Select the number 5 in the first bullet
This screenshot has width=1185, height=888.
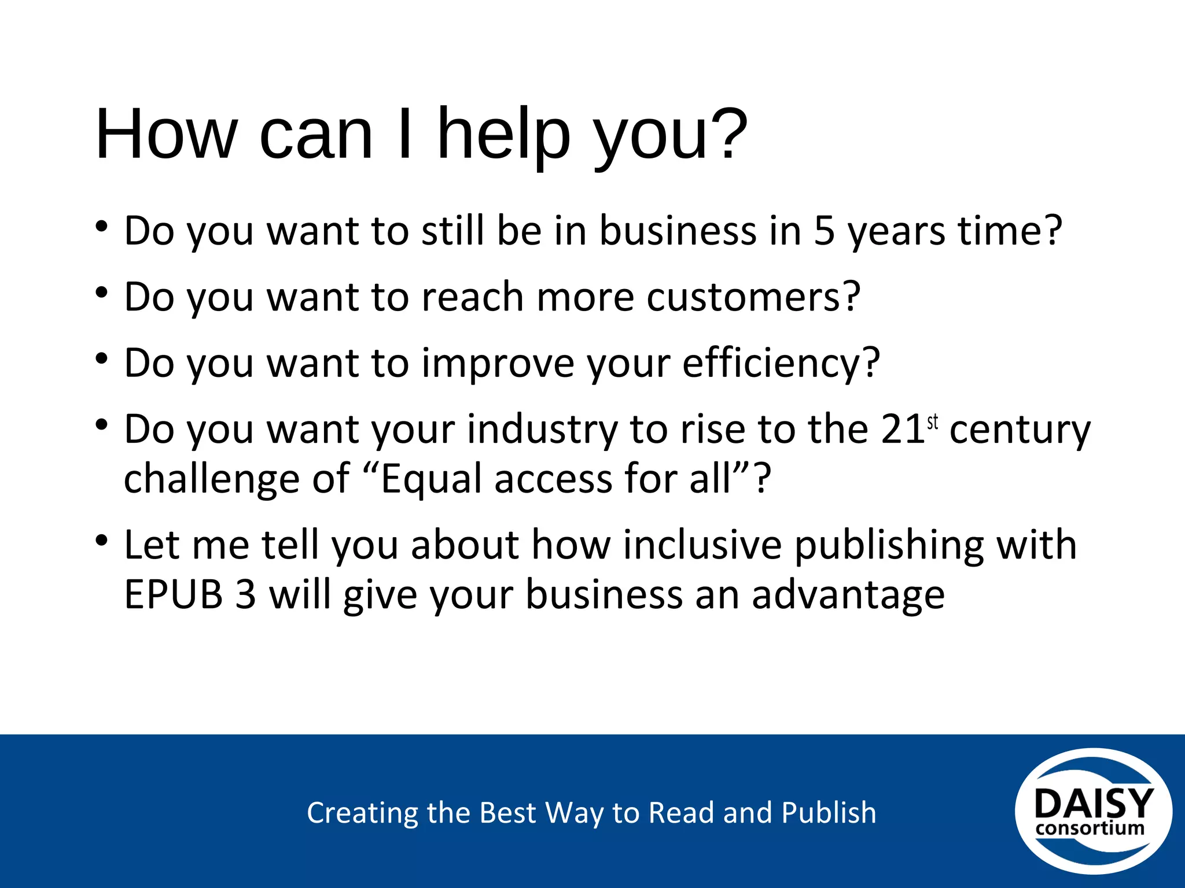[x=824, y=231]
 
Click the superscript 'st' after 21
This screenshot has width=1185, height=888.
[x=932, y=423]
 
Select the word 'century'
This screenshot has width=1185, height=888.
[x=1020, y=430]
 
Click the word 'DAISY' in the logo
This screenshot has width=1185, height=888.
[x=1093, y=803]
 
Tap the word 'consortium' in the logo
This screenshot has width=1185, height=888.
[x=1090, y=828]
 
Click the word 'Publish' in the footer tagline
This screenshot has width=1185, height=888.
[x=829, y=813]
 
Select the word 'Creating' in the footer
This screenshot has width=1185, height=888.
[x=362, y=813]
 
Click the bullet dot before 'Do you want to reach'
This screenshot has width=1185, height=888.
[x=102, y=293]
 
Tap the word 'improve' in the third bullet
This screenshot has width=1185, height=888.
[x=498, y=363]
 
